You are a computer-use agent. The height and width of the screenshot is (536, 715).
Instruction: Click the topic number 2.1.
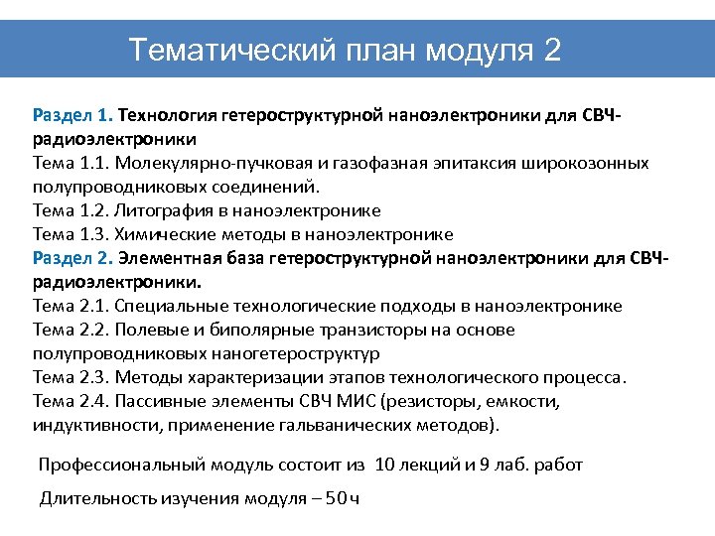[x=91, y=306]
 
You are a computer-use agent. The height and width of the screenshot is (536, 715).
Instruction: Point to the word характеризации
[x=249, y=377]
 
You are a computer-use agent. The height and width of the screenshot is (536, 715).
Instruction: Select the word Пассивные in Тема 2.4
[x=163, y=401]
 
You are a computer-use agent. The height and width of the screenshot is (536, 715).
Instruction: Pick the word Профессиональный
[x=110, y=465]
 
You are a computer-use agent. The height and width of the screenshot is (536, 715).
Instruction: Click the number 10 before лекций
[x=387, y=465]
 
